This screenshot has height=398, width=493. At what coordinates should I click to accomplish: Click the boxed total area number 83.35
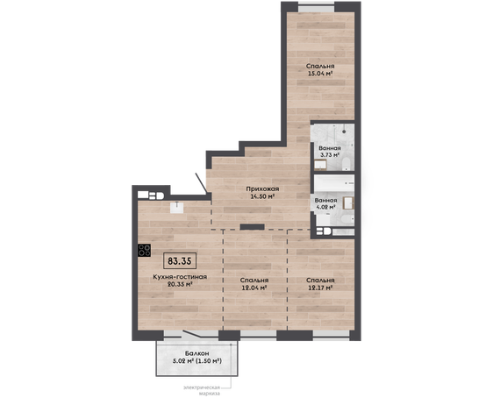[180, 260]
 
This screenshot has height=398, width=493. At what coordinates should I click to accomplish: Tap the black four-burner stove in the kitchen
[145, 250]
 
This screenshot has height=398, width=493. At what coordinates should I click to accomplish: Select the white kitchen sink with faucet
[177, 208]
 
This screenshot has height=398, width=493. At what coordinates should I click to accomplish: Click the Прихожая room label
[262, 189]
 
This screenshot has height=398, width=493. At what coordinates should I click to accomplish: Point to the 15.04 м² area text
[320, 74]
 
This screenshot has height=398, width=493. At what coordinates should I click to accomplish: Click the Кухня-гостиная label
[180, 277]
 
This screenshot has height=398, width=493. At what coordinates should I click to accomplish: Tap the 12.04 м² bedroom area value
[254, 288]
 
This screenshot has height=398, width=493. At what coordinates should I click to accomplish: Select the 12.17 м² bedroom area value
[320, 288]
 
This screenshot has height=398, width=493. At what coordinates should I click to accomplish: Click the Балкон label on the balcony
[197, 353]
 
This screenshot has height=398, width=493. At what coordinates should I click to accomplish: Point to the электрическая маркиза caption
[202, 390]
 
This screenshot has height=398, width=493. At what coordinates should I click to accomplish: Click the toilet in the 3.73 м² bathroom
[346, 164]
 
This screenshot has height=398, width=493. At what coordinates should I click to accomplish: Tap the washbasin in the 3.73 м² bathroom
[320, 165]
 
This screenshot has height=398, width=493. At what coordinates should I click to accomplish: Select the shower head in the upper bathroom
[344, 131]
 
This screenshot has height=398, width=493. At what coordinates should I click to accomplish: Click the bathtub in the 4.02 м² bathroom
[334, 183]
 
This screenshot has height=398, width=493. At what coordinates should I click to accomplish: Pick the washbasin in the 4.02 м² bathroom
[348, 203]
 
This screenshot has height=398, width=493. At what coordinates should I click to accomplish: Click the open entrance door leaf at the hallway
[201, 183]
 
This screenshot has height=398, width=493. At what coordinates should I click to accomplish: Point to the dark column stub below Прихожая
[252, 226]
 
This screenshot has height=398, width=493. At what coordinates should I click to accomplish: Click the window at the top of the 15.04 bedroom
[316, 7]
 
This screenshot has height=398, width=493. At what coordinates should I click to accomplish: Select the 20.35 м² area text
[180, 285]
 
